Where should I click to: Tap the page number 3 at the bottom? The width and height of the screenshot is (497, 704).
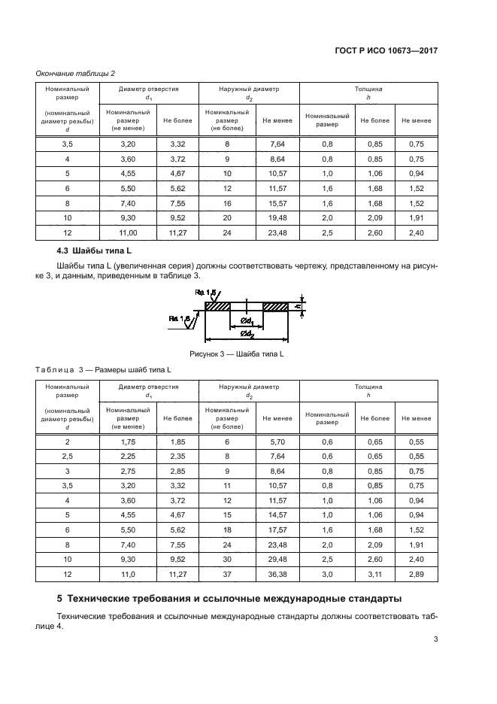pos(435,640)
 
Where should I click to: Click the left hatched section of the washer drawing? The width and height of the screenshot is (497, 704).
pos(217,306)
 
